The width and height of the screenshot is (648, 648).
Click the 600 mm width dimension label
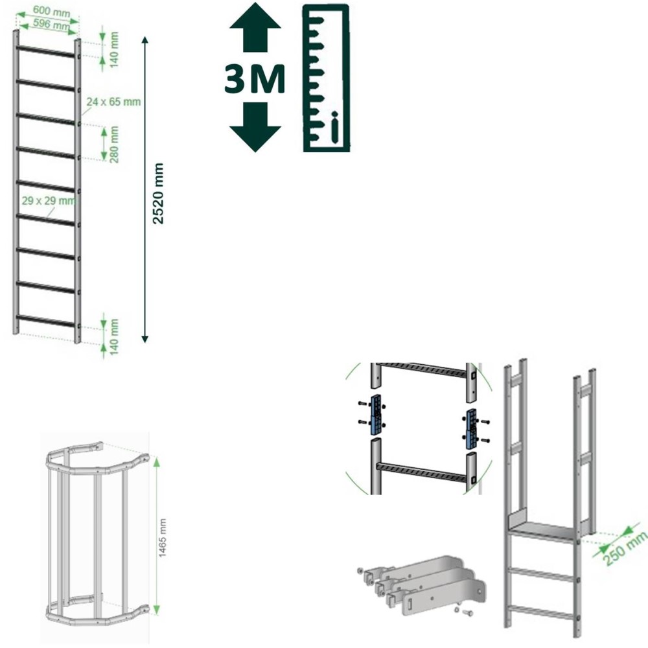[x=51, y=12]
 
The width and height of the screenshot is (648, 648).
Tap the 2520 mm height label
[x=158, y=193]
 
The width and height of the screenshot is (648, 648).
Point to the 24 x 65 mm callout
[x=113, y=102]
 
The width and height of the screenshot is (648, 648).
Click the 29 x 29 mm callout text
[x=49, y=201]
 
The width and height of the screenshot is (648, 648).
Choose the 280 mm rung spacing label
[x=114, y=145]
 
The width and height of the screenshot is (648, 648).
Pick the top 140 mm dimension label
[x=114, y=50]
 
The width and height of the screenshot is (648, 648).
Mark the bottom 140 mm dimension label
[x=114, y=336]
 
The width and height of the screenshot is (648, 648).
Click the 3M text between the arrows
[x=255, y=78]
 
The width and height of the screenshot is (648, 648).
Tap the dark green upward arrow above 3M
[x=255, y=27]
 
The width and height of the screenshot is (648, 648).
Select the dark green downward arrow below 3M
[x=255, y=127]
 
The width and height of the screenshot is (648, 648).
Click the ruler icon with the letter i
[x=326, y=78]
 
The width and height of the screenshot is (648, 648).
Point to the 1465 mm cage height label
[x=163, y=538]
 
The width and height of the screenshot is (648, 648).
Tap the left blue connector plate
[x=376, y=415]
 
